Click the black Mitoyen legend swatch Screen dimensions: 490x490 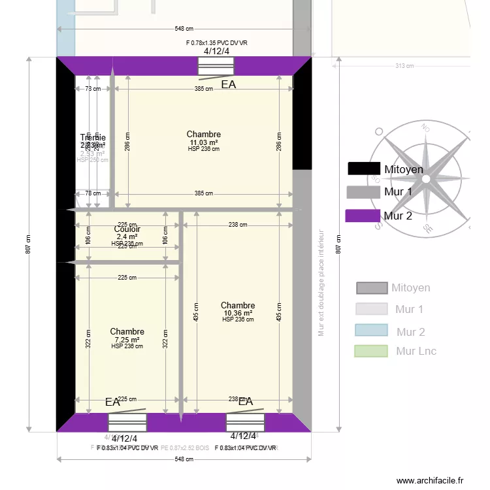[x=364, y=169]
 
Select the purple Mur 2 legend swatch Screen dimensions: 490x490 [x=363, y=216]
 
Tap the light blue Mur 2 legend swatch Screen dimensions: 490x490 [x=371, y=331]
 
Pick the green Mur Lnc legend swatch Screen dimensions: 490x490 [x=371, y=351]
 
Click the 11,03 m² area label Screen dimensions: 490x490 [x=203, y=142]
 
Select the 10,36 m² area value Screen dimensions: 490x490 [x=237, y=313]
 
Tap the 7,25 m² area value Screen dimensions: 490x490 [x=127, y=340]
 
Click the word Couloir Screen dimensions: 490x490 [x=127, y=229]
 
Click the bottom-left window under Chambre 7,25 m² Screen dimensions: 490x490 [x=127, y=423]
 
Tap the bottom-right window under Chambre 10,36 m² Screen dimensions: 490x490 [x=244, y=422]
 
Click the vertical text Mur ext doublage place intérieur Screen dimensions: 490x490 [x=321, y=282]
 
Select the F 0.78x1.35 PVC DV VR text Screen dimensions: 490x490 [x=216, y=42]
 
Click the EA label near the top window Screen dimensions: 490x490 [x=228, y=84]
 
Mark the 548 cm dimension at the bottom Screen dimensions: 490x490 [x=184, y=459]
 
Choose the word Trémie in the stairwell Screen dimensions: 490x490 [x=92, y=138]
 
